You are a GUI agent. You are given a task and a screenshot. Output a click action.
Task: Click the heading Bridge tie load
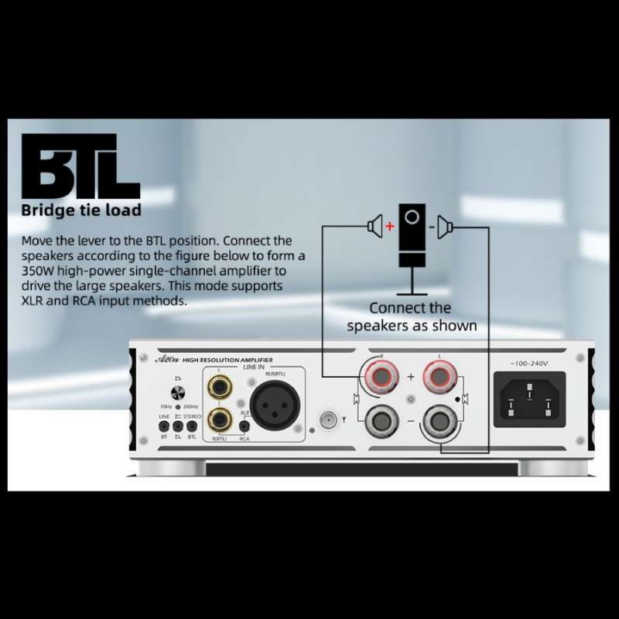(x=80, y=210)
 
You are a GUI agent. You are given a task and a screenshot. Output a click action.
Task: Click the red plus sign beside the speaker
(x=390, y=227)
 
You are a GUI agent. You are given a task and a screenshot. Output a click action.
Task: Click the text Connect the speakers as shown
(x=411, y=316)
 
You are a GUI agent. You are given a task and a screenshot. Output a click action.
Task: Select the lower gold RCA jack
(x=219, y=420)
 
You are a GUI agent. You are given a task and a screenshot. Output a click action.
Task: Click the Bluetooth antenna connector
(x=329, y=421)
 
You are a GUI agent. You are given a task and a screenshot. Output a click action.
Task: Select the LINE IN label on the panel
(x=254, y=367)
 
